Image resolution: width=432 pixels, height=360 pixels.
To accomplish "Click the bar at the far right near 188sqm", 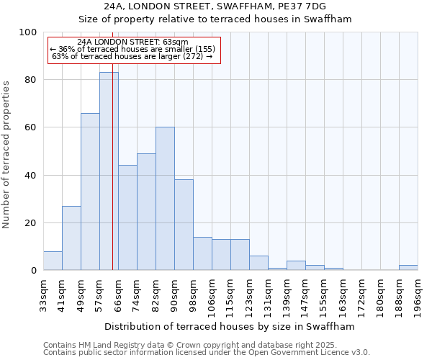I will [x=408, y=268].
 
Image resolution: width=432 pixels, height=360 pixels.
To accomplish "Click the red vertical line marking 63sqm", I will [x=113, y=144].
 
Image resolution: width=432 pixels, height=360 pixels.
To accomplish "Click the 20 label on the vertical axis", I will [x=31, y=223].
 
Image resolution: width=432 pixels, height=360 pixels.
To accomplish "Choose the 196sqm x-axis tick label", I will [x=418, y=297].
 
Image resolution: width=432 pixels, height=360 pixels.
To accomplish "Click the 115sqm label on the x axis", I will [x=230, y=297].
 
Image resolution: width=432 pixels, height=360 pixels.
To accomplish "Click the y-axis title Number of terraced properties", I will [x=7, y=155].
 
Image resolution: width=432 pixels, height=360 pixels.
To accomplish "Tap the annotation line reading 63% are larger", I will [x=132, y=57].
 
